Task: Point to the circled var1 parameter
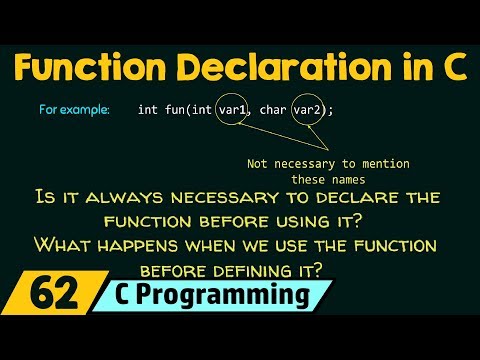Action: (230, 109)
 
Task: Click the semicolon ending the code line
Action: (331, 110)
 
